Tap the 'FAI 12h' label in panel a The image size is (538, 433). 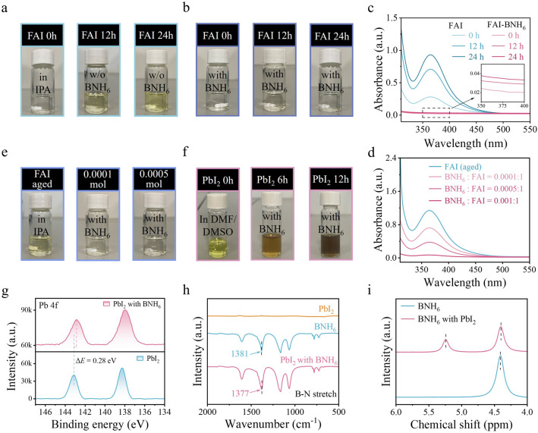[99, 36]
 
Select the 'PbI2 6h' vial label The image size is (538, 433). [272, 179]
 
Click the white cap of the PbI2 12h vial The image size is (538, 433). [330, 199]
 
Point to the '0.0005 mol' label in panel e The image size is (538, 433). [154, 179]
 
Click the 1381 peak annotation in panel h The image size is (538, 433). [240, 353]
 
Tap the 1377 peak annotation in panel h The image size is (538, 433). [240, 393]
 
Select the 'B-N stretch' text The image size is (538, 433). [316, 394]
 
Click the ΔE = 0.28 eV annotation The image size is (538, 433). [97, 360]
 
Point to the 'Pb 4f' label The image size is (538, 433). [49, 305]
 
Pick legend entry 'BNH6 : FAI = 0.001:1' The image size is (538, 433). [481, 200]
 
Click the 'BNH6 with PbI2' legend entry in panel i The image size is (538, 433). [446, 319]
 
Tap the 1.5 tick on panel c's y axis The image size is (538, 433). [392, 18]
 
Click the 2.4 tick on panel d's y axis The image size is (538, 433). [392, 158]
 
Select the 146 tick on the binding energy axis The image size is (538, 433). [46, 412]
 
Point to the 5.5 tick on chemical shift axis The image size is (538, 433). [429, 412]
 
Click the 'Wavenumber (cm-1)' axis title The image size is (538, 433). [273, 425]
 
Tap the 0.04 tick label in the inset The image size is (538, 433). [475, 74]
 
